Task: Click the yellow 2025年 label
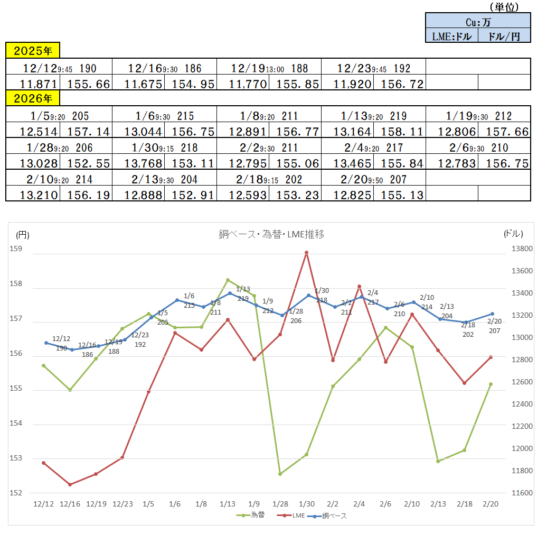33,51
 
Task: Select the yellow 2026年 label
33,98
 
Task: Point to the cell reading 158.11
400,132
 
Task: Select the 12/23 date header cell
373,68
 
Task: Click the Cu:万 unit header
478,22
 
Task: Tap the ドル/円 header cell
504,36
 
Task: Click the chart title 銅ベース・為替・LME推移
271,234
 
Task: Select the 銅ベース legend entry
331,515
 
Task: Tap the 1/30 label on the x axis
306,504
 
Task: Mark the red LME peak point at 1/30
306,253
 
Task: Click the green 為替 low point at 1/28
280,474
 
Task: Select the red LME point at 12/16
70,484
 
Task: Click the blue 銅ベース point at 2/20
492,314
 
